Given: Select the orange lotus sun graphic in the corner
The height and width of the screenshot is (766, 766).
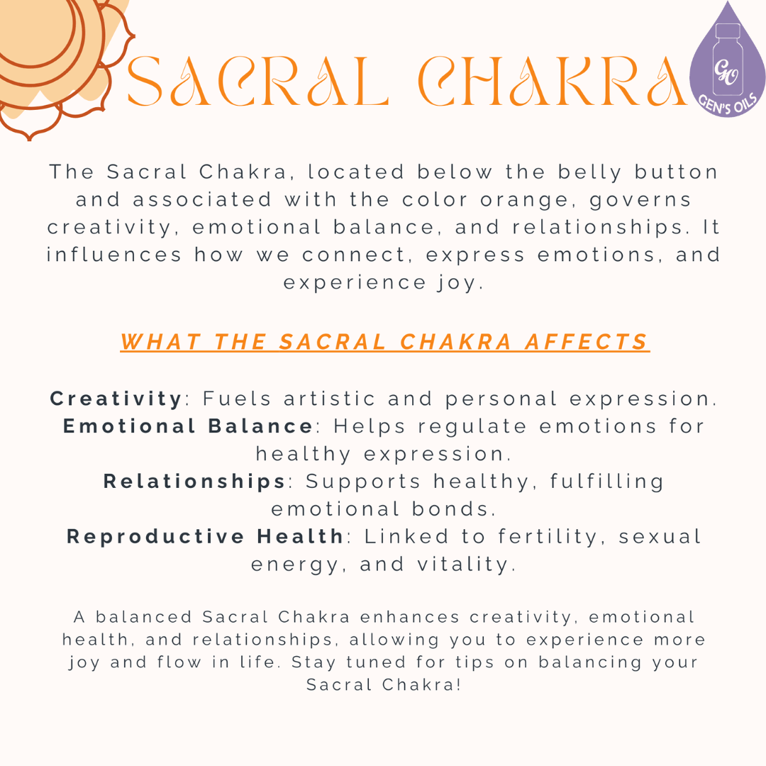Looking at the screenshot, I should click(53, 53).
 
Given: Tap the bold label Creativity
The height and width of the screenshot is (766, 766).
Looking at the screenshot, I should click(116, 399).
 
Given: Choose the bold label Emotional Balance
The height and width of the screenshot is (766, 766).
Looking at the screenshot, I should click(188, 426).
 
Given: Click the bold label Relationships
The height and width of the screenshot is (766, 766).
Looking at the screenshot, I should click(194, 482).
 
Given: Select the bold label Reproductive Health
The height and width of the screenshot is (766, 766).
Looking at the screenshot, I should click(206, 537).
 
